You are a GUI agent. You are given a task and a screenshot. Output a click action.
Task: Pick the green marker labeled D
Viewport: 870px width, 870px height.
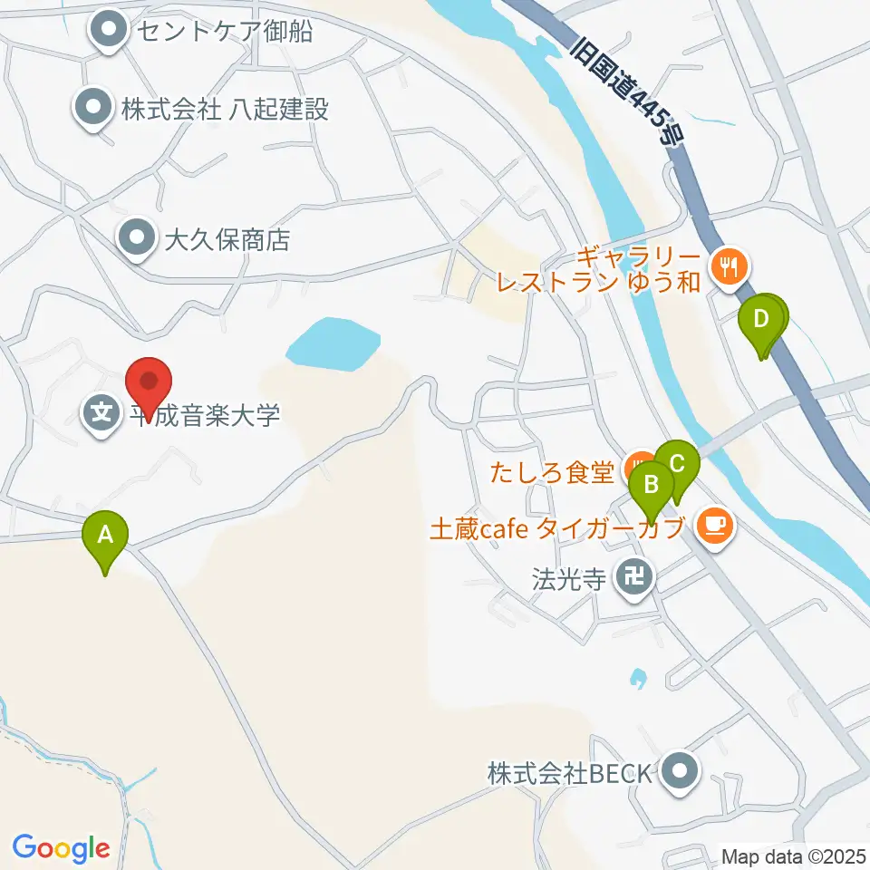click(x=761, y=320)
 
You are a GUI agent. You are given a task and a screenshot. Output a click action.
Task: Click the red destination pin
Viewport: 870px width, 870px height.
click(x=148, y=382)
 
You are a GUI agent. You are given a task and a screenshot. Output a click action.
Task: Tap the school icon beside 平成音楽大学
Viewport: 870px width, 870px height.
click(x=101, y=415)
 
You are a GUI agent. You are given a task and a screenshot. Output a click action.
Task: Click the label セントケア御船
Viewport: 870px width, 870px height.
click(x=223, y=32)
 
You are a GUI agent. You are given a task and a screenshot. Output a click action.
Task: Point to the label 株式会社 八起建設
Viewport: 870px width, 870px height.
click(x=225, y=110)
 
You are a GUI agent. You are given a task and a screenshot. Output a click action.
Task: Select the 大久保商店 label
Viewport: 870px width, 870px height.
click(x=227, y=240)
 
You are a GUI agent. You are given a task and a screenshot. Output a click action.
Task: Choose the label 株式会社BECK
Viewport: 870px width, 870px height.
click(x=569, y=774)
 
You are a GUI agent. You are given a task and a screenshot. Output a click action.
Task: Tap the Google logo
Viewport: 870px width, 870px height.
click(x=61, y=847)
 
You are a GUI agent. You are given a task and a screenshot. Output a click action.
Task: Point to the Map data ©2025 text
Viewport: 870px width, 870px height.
click(x=794, y=855)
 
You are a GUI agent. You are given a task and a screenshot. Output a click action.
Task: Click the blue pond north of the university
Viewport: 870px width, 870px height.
click(x=332, y=345)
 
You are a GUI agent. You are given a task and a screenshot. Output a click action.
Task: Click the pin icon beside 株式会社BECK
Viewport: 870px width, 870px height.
click(x=680, y=773)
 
